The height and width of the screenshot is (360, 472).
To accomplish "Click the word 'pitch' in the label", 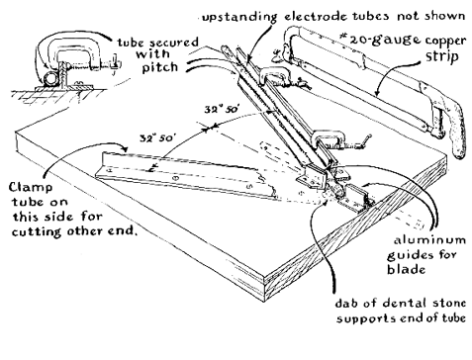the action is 160,67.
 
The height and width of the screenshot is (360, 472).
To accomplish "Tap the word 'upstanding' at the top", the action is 239,17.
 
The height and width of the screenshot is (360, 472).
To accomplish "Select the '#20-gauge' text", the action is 380,40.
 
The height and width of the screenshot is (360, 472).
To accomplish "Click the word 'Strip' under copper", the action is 442,56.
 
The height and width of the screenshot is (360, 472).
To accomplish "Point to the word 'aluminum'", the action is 429,240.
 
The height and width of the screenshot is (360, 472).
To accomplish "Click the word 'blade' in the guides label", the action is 406,269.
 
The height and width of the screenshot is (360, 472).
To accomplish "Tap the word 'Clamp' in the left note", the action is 31,188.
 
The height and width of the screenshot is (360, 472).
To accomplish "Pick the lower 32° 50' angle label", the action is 156,137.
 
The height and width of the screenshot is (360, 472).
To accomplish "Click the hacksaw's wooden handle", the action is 457,132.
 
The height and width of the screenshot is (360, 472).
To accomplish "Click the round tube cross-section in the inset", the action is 49,79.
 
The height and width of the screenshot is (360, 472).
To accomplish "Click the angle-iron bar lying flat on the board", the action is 185,175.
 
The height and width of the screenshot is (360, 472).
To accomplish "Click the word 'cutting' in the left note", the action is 37,231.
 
